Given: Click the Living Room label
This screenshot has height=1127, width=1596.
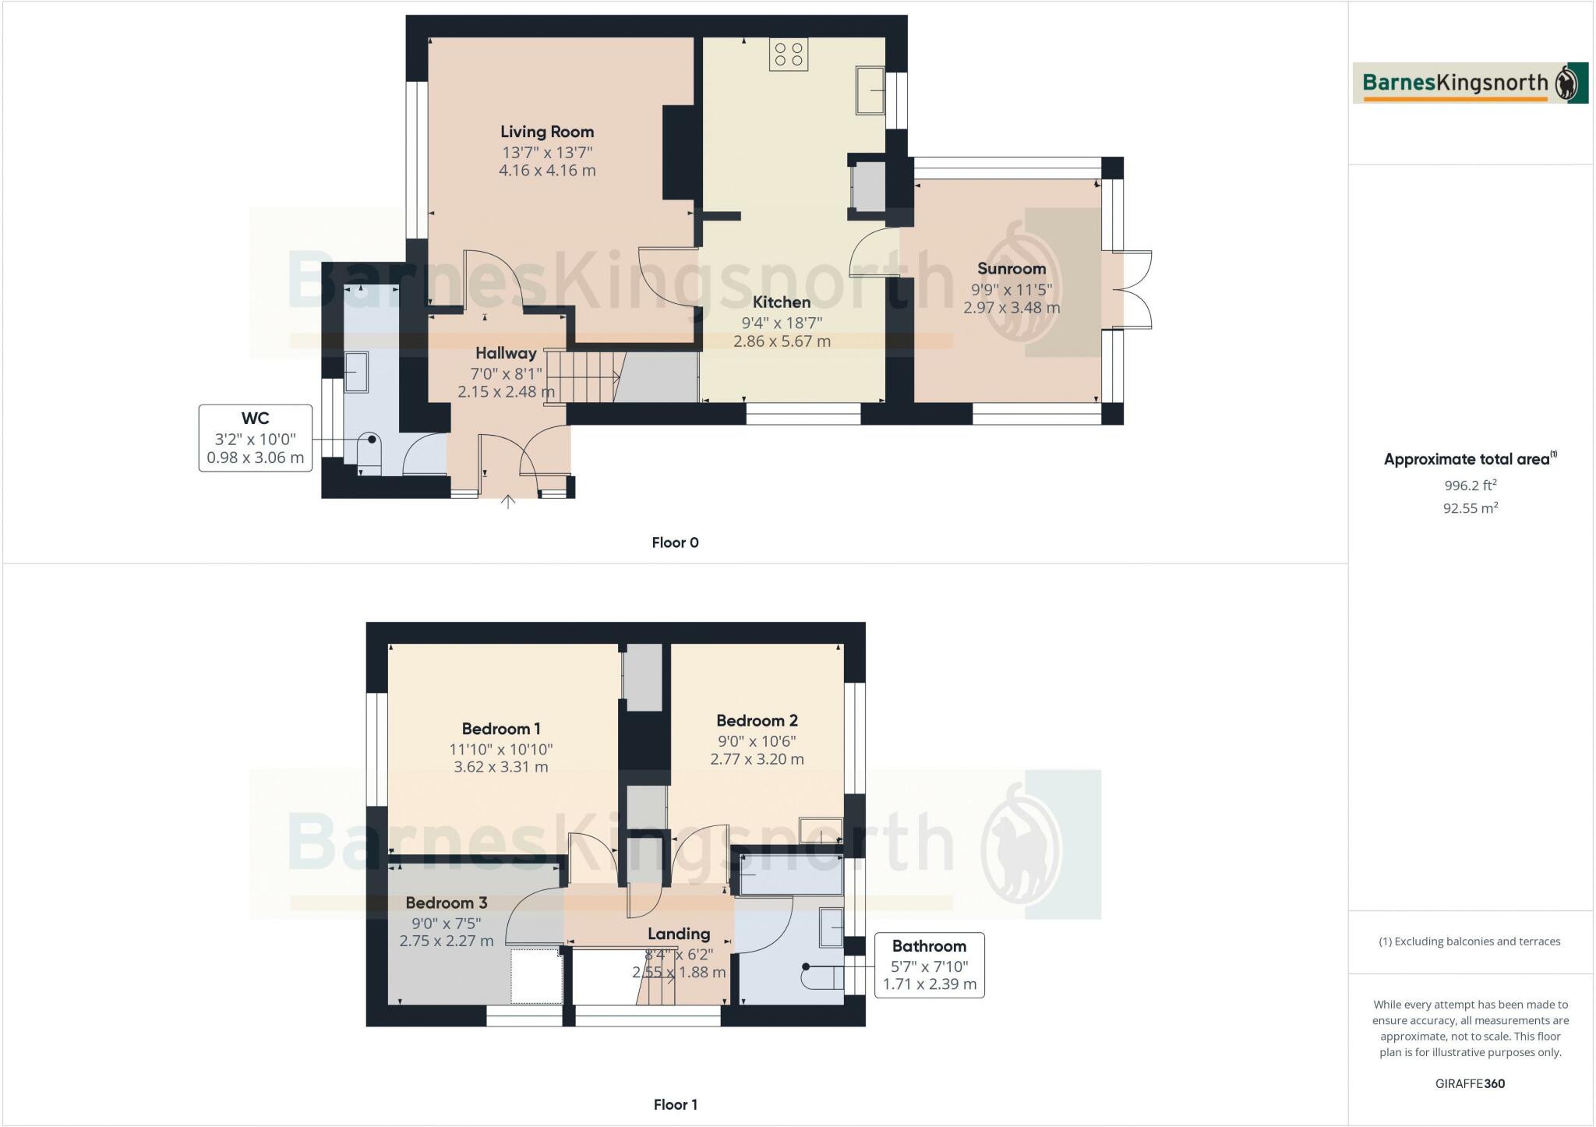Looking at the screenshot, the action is [547, 132].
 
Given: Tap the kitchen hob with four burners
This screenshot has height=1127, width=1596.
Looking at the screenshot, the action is [789, 55].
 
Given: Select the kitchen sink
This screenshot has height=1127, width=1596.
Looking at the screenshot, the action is [870, 90].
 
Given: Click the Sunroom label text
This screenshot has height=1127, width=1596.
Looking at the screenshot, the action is [1012, 269].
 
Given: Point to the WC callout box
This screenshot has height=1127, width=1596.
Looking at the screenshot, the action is [256, 438].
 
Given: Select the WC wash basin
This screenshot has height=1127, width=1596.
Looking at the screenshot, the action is [357, 373].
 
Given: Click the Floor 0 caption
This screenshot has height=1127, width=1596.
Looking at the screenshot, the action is [676, 542].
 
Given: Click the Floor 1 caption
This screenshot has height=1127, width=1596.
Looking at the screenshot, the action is [676, 1104].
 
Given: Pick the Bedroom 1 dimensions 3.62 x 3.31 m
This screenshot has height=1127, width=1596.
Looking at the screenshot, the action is [501, 767].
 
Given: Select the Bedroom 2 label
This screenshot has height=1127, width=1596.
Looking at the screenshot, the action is [757, 721].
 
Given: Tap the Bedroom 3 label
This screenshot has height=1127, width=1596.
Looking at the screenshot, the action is [447, 903].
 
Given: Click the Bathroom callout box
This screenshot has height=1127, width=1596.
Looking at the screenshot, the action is [929, 965].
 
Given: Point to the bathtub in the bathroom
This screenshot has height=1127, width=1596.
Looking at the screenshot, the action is [790, 874].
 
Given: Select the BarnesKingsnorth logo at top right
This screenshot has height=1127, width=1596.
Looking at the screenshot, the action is [1470, 83].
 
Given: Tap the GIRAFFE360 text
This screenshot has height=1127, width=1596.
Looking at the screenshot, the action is [1470, 1083].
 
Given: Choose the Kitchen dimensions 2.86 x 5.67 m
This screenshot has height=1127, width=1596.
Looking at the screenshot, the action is [782, 341].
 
